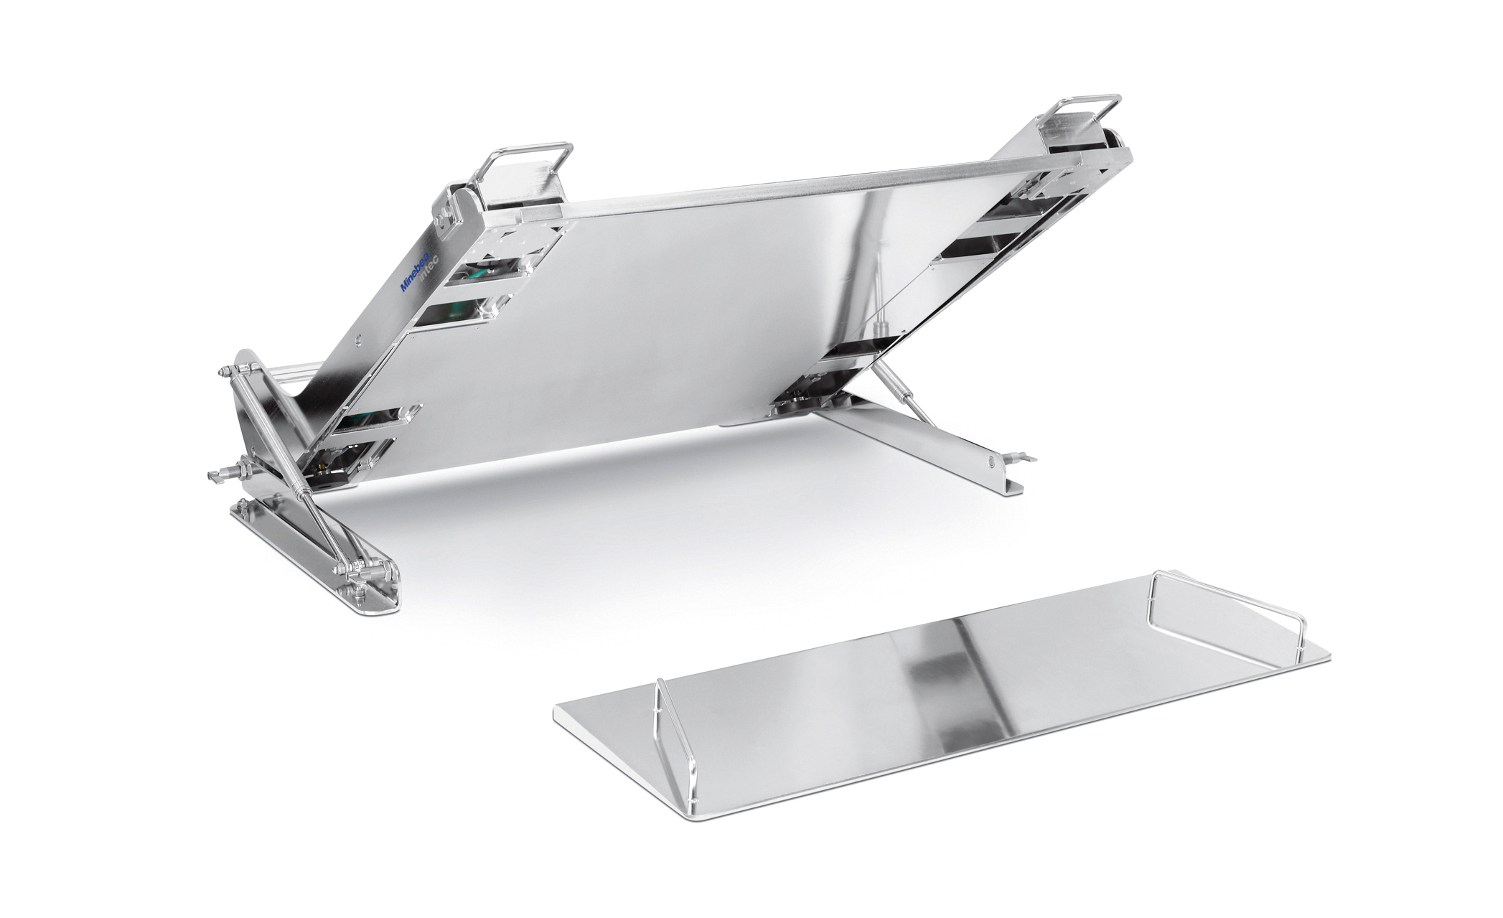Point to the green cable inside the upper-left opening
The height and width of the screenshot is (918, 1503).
pos(474,273)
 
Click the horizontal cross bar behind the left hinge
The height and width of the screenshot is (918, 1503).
pos(287,376)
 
